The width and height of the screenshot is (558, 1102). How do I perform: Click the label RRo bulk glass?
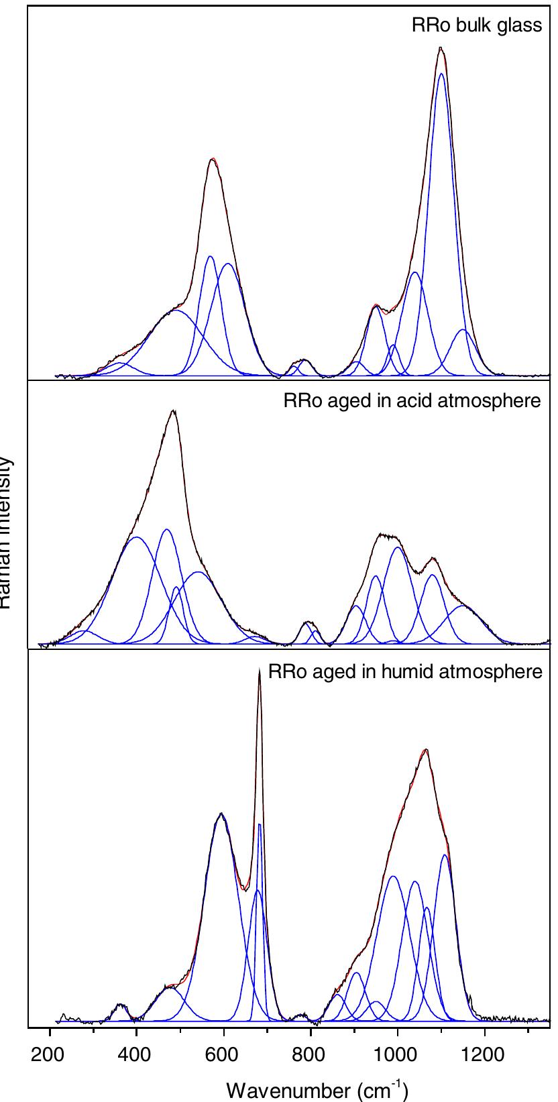tap(476, 26)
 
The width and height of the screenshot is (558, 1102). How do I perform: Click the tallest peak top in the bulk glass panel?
tap(440, 48)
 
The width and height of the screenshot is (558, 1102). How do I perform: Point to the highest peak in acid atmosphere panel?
tap(174, 410)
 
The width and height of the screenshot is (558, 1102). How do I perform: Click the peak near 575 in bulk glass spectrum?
tap(213, 159)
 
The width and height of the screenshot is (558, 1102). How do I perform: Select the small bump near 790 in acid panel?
tap(308, 622)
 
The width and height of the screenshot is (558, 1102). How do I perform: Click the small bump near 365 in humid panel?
tap(120, 1005)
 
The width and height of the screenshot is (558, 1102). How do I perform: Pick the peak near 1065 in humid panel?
tap(425, 749)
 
